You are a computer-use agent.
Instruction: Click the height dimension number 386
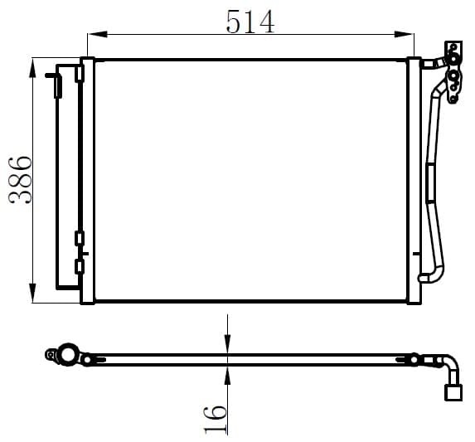click(x=19, y=180)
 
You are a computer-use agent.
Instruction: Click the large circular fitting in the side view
click(x=65, y=355)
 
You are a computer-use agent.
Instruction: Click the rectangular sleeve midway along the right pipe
click(x=429, y=182)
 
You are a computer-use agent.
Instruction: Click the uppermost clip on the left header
click(x=80, y=75)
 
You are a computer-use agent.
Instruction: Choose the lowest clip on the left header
click(x=80, y=266)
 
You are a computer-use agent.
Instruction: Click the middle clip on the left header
click(x=80, y=239)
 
